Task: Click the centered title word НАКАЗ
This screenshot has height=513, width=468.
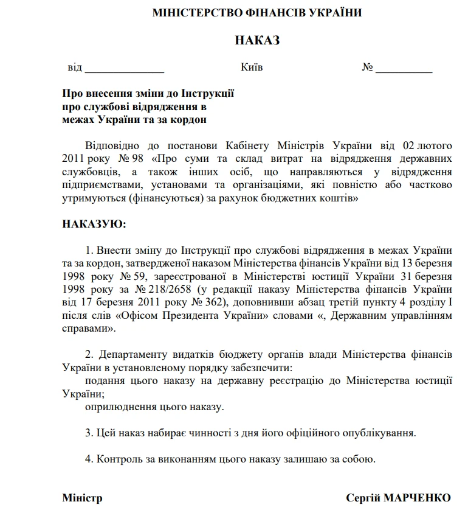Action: point(256,41)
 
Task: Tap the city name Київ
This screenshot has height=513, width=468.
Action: point(252,67)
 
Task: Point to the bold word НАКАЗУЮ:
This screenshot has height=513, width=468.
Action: point(94,224)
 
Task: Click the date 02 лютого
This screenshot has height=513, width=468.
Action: point(428,147)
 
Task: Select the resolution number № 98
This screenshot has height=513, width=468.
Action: point(130,159)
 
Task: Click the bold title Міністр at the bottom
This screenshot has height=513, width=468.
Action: point(82,498)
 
